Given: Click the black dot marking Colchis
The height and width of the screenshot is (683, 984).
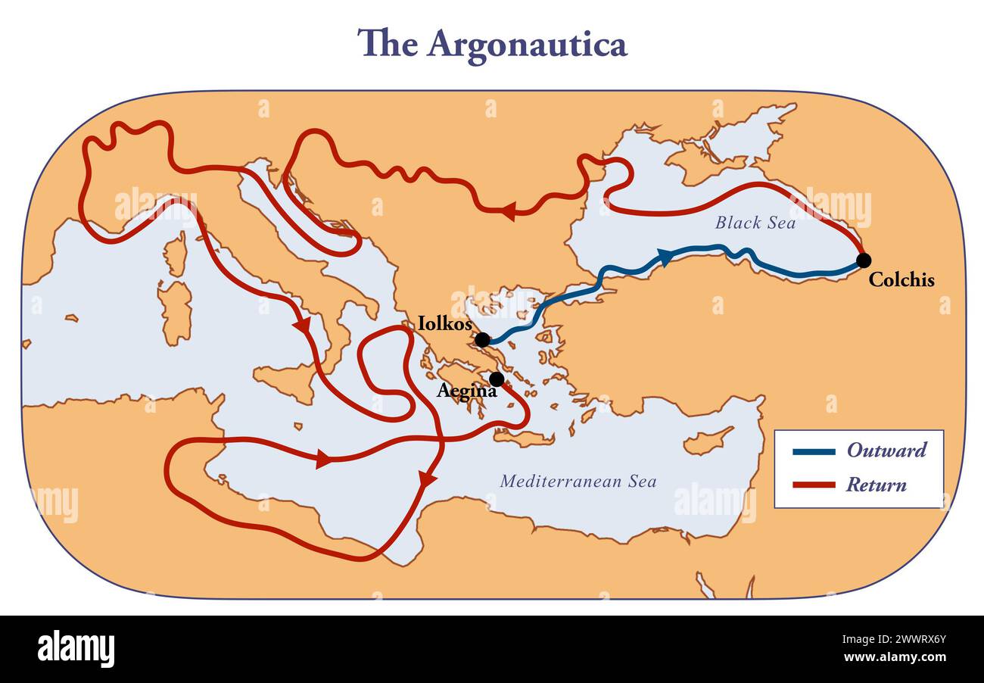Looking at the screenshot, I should (x=863, y=260).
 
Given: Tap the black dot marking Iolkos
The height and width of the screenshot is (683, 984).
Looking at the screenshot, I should (x=482, y=340).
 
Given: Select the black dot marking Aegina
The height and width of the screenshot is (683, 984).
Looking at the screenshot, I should (x=497, y=379).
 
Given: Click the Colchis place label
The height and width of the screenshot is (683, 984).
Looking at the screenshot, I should (x=901, y=280).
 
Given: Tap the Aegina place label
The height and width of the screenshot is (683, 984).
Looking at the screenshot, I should (x=466, y=391).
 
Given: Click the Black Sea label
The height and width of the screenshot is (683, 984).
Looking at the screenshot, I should (x=755, y=223).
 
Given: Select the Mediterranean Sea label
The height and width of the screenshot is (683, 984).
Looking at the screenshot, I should (x=578, y=481).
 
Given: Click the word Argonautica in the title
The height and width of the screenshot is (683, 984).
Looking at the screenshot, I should (x=527, y=44).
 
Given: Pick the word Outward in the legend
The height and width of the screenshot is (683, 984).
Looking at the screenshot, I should (x=886, y=451).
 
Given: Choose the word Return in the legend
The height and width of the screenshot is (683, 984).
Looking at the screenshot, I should (x=876, y=485).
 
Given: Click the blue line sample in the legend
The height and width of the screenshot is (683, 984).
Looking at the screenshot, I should (x=814, y=452).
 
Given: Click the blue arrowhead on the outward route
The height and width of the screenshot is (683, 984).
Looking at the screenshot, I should (x=664, y=258).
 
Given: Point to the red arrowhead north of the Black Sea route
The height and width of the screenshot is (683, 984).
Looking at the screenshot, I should (x=508, y=211).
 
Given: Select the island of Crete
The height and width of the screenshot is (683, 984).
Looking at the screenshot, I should (x=523, y=437).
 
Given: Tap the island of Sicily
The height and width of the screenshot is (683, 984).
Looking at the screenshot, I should (x=286, y=381).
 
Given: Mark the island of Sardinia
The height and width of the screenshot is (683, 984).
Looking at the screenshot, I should (x=176, y=310).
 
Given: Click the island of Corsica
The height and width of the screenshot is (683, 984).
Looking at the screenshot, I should (x=176, y=254).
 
